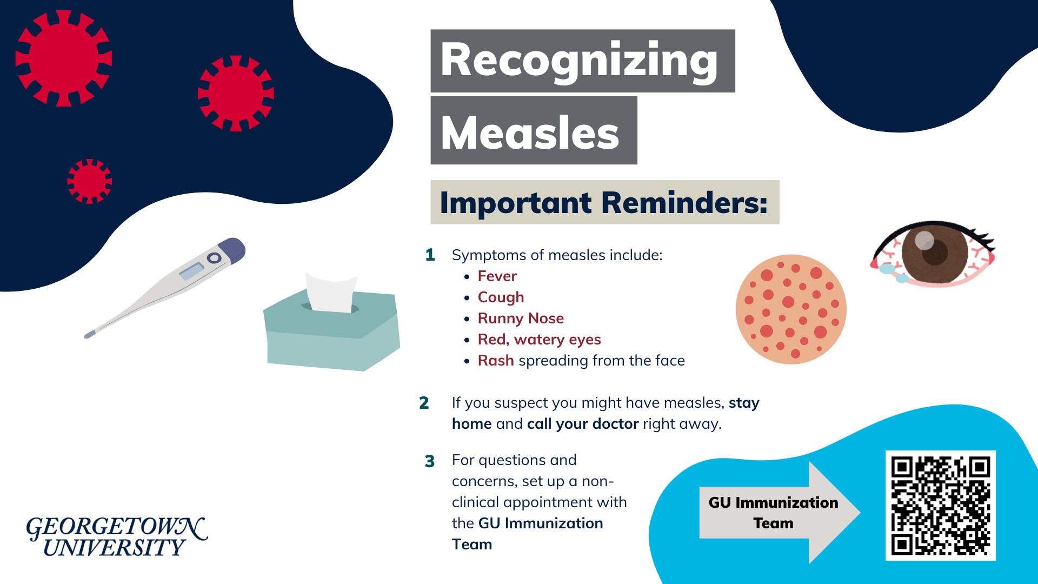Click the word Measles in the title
(x=530, y=133)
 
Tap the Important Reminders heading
(x=604, y=203)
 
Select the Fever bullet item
(x=497, y=276)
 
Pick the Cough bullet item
(x=501, y=297)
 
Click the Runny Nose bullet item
(x=520, y=318)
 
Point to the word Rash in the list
(x=495, y=361)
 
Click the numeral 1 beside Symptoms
(x=430, y=255)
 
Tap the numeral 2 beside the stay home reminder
(x=424, y=403)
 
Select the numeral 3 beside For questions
(x=429, y=461)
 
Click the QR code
(x=940, y=506)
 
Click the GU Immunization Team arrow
(x=778, y=513)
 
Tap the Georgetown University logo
(x=116, y=536)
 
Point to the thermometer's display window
(x=191, y=271)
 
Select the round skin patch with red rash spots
(x=790, y=309)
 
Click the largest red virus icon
(x=64, y=58)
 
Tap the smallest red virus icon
(x=89, y=181)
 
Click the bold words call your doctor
(x=583, y=424)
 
